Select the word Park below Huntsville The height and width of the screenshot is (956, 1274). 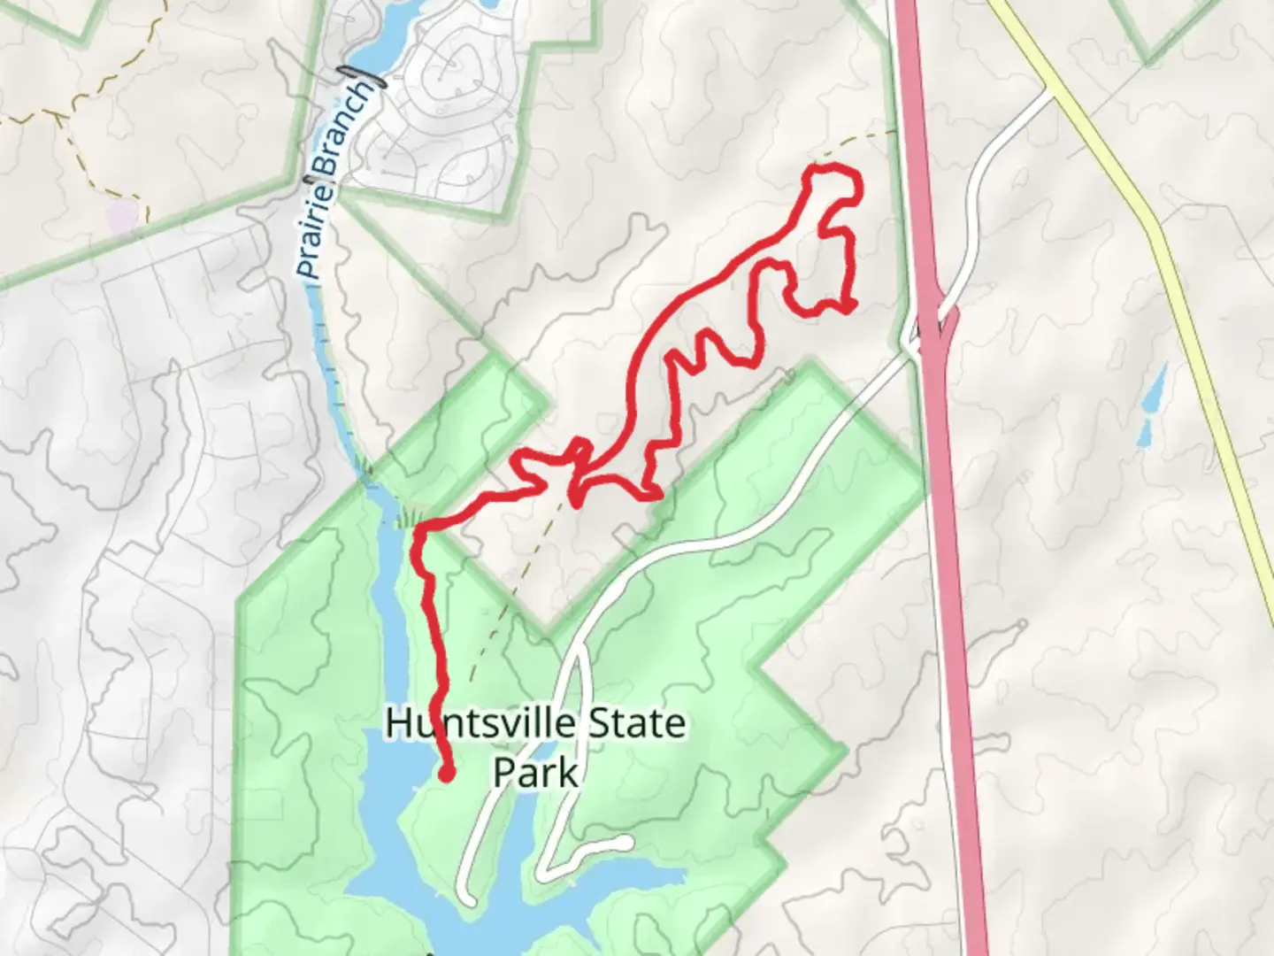click(535, 772)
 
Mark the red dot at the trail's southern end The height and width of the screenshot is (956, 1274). click(447, 775)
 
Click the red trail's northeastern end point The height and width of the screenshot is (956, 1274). click(849, 307)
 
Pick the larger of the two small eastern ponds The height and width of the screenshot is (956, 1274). click(1155, 390)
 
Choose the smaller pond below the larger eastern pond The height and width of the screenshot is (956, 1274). click(1143, 432)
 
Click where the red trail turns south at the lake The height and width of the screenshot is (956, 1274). click(418, 531)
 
